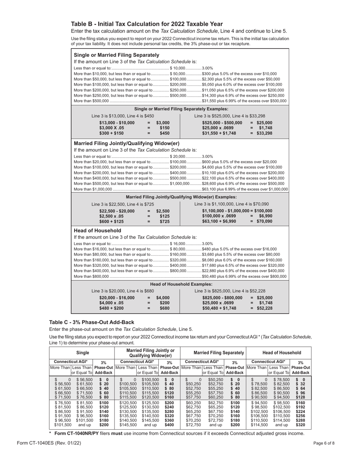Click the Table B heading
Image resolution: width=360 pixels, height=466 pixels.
147,24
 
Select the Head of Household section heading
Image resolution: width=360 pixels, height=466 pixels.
97,230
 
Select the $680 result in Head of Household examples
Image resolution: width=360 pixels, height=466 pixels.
164,308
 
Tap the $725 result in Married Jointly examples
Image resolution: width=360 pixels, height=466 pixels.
164,221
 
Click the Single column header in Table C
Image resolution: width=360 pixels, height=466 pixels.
82,352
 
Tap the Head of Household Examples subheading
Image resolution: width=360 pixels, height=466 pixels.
181,284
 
